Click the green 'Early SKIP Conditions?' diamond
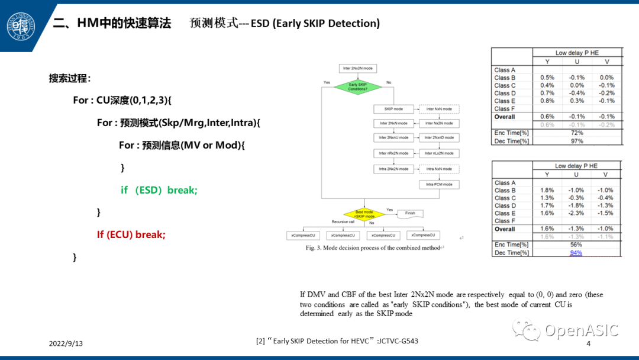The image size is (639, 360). point(358,87)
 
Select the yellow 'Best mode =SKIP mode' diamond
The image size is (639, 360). point(364,214)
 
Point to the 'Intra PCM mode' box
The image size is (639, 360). point(439,185)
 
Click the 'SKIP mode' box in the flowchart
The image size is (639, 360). point(393,109)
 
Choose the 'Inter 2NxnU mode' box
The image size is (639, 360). point(393,138)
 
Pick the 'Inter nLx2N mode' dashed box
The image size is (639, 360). point(439,153)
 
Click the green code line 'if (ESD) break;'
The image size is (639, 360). point(159,190)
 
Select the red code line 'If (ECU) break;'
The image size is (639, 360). point(131,234)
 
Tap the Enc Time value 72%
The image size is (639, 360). point(576,133)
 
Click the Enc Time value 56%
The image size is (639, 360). point(576,245)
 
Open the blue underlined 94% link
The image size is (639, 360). point(576,253)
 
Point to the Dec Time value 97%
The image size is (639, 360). point(576,141)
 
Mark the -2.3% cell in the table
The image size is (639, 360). point(576,213)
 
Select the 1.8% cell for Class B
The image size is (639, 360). point(547,191)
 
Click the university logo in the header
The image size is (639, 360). point(21,26)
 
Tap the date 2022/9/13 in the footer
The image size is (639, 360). point(66,343)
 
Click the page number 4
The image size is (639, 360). point(588,343)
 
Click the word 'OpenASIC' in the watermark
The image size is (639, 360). point(581,330)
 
